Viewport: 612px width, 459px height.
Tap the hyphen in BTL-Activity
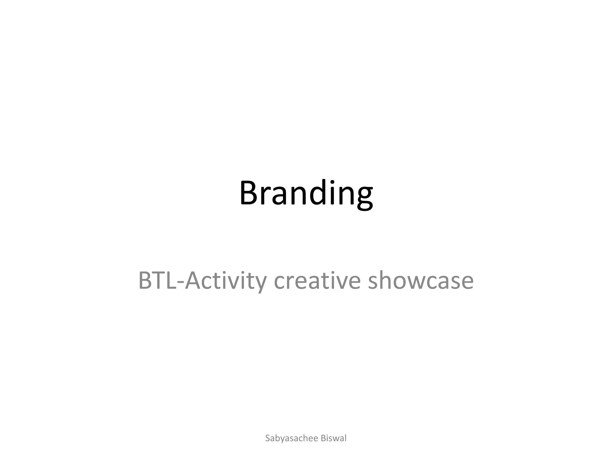click(x=180, y=282)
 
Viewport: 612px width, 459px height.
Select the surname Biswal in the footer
click(x=333, y=438)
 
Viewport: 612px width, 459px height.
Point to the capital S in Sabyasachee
click(x=268, y=438)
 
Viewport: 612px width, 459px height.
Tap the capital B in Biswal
click(x=323, y=438)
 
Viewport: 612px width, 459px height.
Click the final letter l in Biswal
click(x=345, y=438)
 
